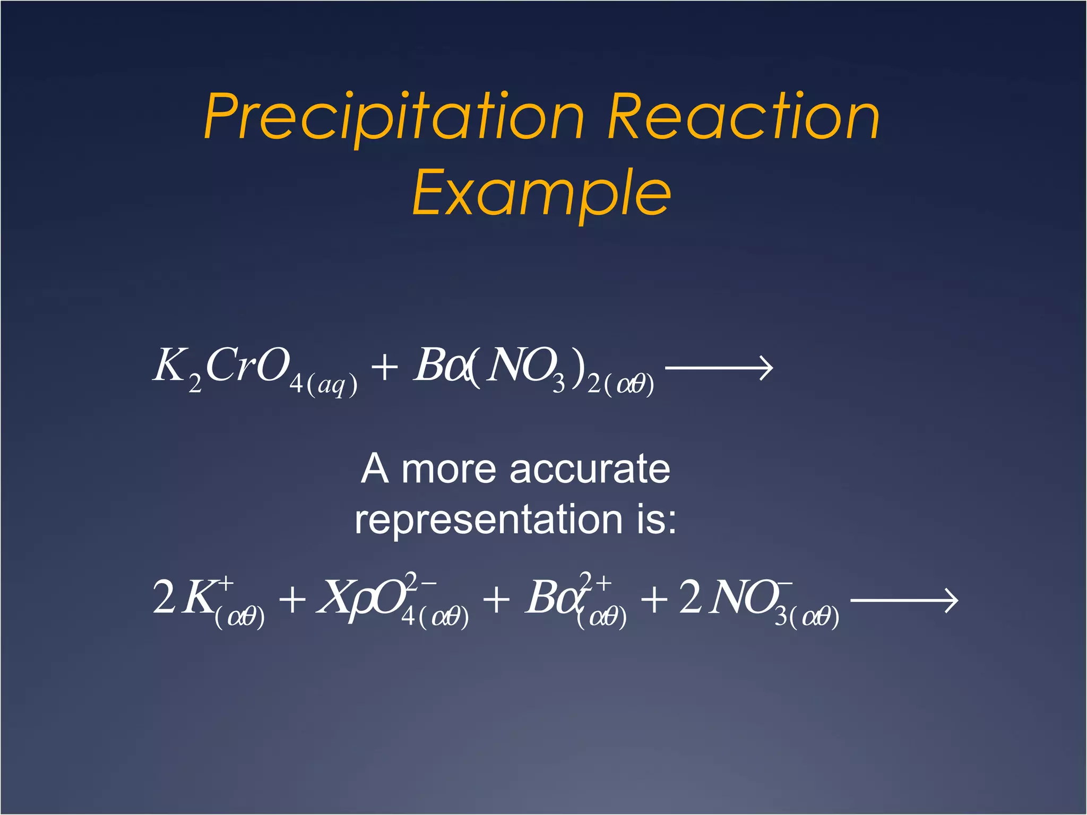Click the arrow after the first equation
(719, 368)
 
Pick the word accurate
(589, 469)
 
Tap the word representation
(488, 520)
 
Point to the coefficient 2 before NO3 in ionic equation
(690, 596)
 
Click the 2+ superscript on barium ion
(594, 582)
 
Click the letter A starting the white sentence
(375, 469)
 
